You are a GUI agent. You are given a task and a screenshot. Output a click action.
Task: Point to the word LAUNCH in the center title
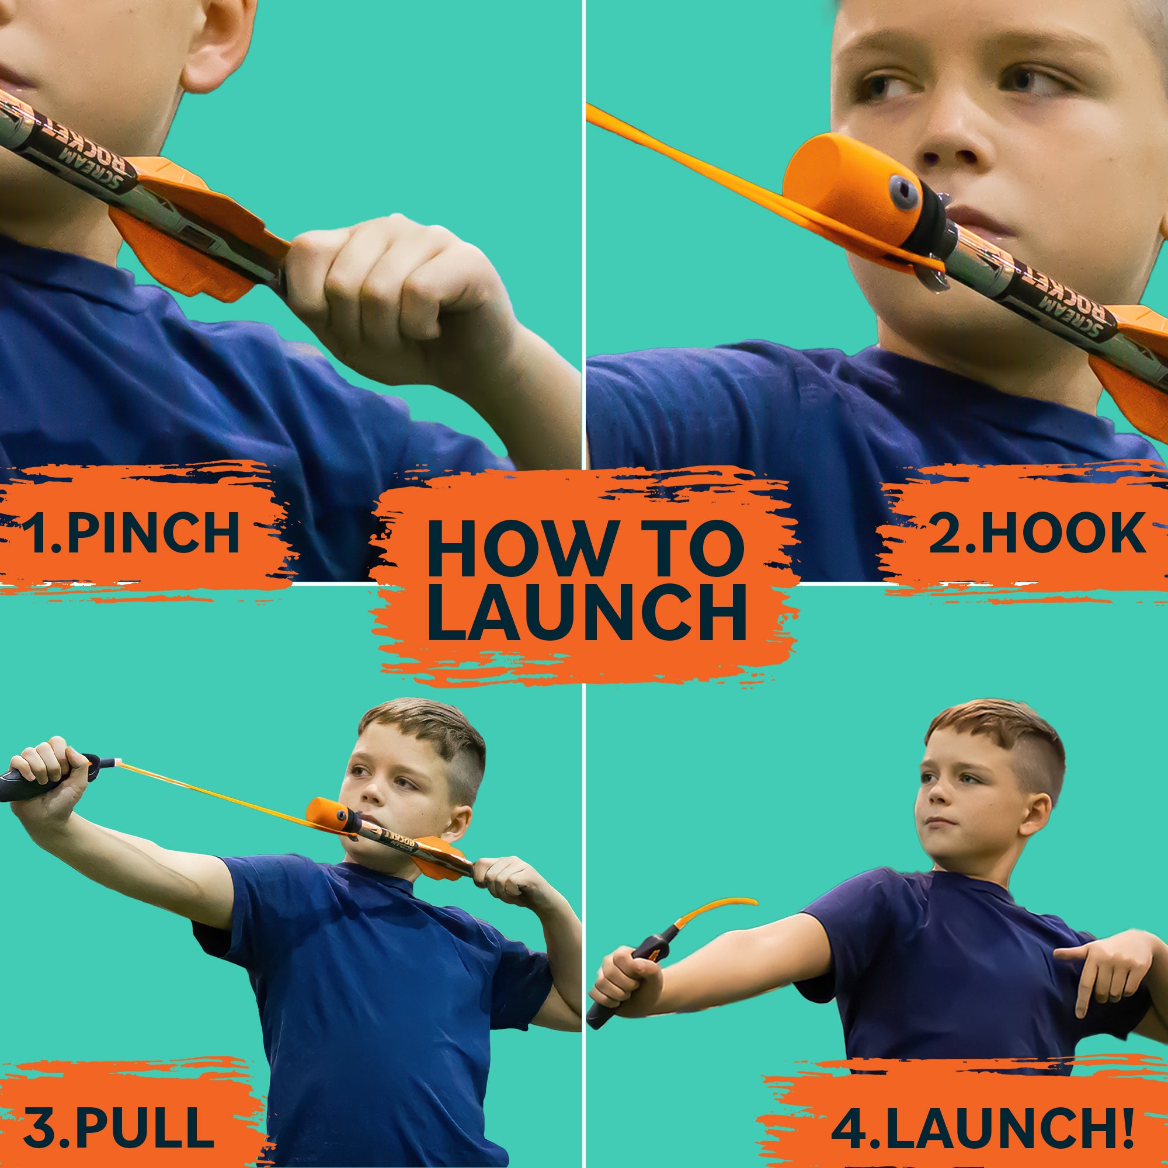tap(586, 613)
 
